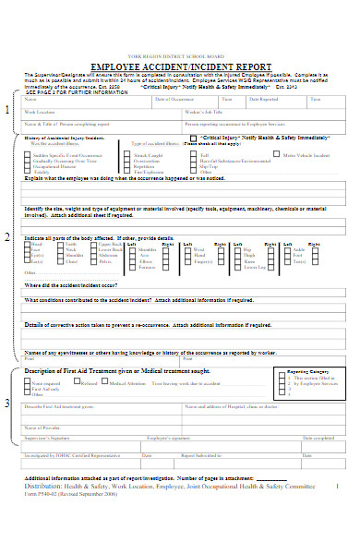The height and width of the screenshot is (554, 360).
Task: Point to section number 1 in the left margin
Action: (x=8, y=111)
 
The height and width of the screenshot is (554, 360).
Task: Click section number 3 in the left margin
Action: (x=8, y=403)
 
